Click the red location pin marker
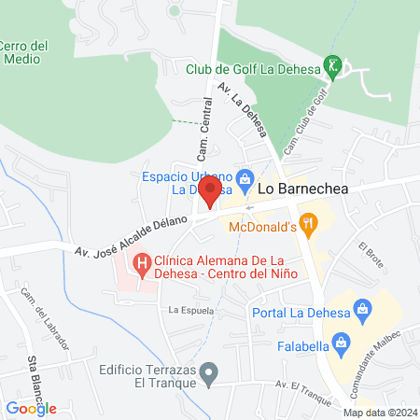(210, 193)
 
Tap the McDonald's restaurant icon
(310, 224)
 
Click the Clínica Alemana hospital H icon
(141, 264)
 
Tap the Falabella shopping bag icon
(343, 343)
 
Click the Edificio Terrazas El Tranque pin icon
(210, 374)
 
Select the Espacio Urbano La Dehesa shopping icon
(245, 177)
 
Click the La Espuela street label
(191, 309)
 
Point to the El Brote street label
(371, 251)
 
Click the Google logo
(32, 408)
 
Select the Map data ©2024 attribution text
(379, 413)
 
